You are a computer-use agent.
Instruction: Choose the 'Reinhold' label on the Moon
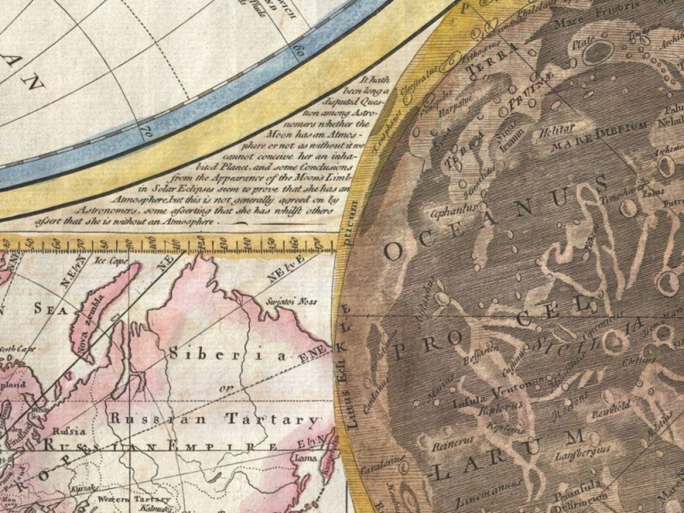(x=611, y=408)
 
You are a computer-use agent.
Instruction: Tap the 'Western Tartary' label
(x=133, y=500)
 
